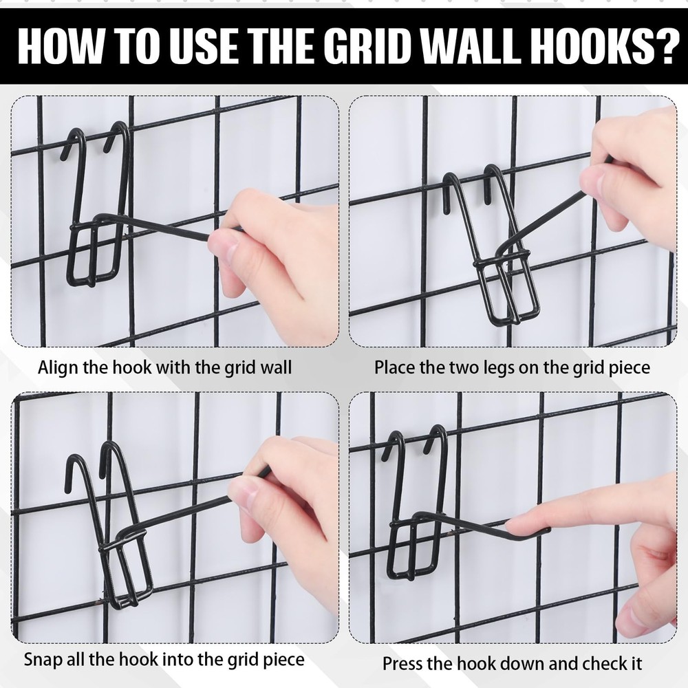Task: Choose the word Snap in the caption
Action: pos(43,659)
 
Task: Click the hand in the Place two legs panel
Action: pos(626,179)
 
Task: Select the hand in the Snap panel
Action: pos(289,509)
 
